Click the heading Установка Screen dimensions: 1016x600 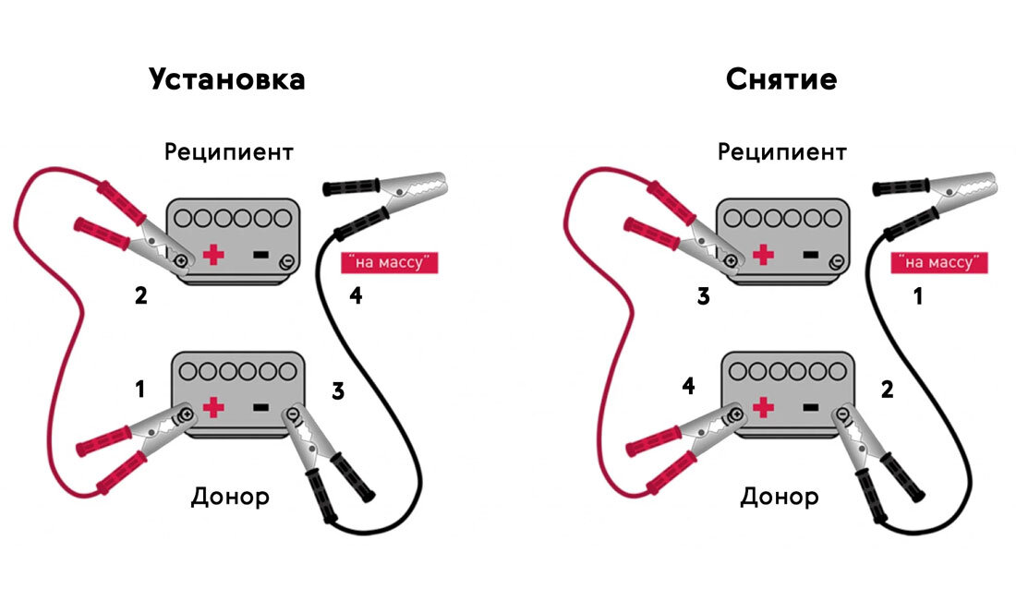click(227, 80)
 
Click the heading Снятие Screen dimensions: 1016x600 click(781, 79)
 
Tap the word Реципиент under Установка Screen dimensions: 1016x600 click(229, 152)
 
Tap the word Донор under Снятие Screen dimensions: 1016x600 click(780, 498)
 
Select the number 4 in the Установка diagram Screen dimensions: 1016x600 click(356, 295)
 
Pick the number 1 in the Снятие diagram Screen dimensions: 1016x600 click(917, 296)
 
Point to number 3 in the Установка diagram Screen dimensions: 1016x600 click(337, 391)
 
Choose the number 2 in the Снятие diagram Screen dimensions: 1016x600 click(887, 389)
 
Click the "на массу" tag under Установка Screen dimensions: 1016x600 click(390, 262)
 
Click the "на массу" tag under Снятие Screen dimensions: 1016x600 click(939, 262)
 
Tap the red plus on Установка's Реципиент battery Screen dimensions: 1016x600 click(214, 255)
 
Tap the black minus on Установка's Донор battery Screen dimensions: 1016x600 click(260, 407)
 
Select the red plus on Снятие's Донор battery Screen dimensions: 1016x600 click(764, 407)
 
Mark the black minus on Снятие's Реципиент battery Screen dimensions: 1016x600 click(811, 255)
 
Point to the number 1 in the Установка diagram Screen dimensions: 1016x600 click(139, 389)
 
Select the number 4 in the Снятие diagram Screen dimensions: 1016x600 click(689, 387)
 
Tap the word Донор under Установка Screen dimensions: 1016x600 click(230, 498)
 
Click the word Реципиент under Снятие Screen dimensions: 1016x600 click(782, 152)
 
